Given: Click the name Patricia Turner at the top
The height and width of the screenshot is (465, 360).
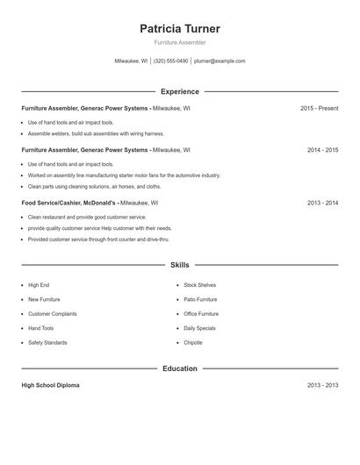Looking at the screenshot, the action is (x=180, y=29).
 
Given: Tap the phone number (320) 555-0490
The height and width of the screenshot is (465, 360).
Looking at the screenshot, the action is (x=171, y=61).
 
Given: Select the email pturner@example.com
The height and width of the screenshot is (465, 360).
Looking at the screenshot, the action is (x=220, y=61).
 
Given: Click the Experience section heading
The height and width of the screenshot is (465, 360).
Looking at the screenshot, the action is (x=180, y=91).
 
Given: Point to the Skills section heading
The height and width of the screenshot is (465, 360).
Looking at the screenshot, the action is (x=180, y=264).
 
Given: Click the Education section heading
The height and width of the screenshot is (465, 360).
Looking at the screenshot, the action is (x=180, y=368).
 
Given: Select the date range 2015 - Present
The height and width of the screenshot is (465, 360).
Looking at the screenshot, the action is (x=319, y=108).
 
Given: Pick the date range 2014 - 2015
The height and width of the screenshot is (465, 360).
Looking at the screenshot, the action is (x=322, y=150).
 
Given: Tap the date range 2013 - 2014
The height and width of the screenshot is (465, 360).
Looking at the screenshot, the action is (x=322, y=203).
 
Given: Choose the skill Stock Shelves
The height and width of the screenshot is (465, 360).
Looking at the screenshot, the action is (x=199, y=285).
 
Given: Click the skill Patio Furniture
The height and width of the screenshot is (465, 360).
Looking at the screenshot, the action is (x=200, y=299).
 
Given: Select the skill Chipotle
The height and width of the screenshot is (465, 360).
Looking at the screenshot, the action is (x=193, y=342).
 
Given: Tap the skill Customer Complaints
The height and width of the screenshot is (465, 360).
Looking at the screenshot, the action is (x=52, y=313).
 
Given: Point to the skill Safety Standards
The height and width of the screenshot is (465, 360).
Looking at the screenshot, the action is (x=47, y=342).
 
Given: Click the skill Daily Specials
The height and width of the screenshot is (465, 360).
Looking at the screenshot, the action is (x=199, y=328).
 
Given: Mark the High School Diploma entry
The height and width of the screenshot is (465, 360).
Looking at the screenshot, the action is (x=50, y=385).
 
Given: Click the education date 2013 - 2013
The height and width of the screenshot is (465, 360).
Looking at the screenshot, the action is (x=322, y=385).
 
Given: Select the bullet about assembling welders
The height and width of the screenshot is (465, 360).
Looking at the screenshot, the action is (x=96, y=133).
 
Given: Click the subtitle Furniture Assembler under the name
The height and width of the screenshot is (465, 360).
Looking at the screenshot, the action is (x=180, y=43).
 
